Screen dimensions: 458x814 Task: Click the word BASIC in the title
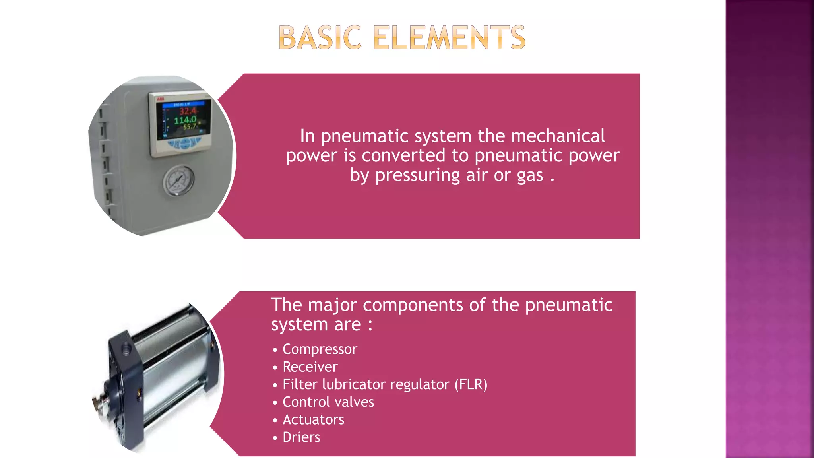tap(320, 38)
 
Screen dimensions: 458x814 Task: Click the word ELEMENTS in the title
tap(450, 38)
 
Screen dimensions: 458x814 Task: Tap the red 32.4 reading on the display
tap(188, 111)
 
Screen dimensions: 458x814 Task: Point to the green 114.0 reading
tap(185, 120)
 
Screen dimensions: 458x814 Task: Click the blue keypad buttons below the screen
tap(184, 143)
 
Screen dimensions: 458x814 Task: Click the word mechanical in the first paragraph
tap(558, 136)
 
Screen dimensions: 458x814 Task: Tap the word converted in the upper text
tap(403, 155)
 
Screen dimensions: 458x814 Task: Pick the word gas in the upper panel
tap(530, 175)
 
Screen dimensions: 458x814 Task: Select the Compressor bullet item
tap(320, 349)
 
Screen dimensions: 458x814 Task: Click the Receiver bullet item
tap(310, 367)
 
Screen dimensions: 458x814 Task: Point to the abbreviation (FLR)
tap(471, 384)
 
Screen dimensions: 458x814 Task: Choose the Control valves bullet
tap(328, 402)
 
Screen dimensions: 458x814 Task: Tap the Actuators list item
tap(313, 419)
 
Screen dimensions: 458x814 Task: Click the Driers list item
tap(301, 437)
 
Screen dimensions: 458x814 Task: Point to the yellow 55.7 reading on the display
tap(190, 127)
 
